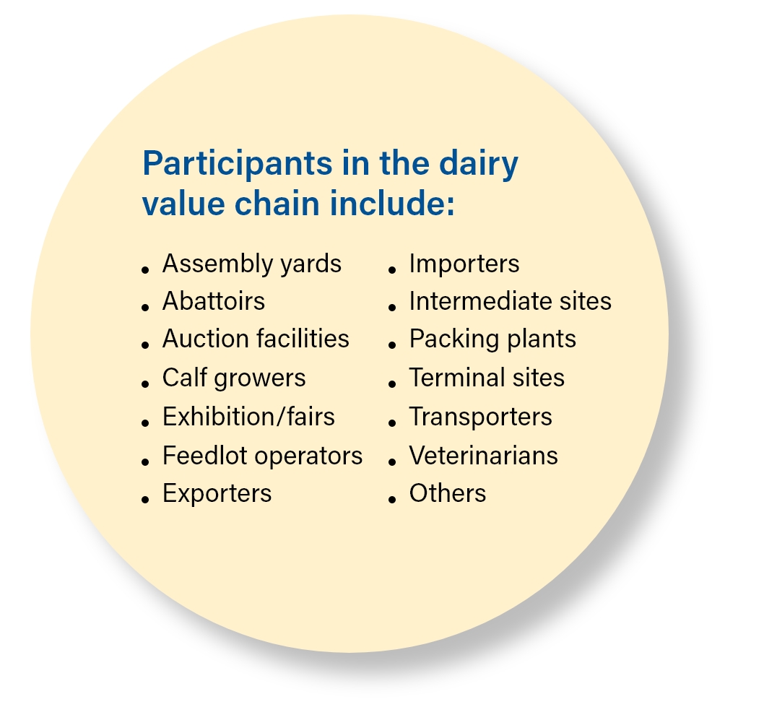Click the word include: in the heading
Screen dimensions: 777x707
coord(392,203)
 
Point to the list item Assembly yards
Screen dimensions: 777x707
coord(252,264)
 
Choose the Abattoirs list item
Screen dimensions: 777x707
coord(214,301)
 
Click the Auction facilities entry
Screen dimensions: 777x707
coord(256,339)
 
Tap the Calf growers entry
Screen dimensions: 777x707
coord(234,378)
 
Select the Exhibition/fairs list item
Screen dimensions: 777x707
coord(248,416)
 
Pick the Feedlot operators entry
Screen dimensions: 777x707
coord(263,456)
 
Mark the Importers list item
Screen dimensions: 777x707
coord(464,264)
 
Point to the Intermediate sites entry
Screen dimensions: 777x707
coord(511,301)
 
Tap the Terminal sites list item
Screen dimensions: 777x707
coord(487,378)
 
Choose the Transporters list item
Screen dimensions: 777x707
coord(481,417)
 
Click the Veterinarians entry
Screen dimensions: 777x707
coord(484,456)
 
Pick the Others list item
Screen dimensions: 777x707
coord(448,493)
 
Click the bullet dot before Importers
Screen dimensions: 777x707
coord(392,270)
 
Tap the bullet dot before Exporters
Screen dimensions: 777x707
coord(145,500)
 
